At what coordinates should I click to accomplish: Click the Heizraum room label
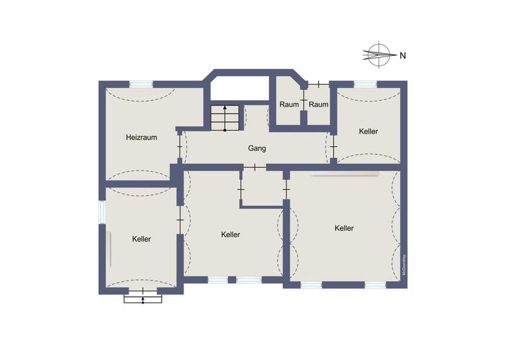(x=142, y=137)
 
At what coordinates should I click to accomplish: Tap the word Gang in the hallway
(x=257, y=149)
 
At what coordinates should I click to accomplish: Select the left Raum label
(x=289, y=105)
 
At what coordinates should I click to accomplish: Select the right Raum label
(x=318, y=105)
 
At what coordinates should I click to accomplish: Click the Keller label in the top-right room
(x=368, y=131)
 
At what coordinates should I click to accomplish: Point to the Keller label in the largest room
(x=344, y=228)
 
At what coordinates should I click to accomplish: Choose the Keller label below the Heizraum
(x=142, y=239)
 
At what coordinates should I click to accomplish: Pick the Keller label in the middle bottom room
(x=231, y=235)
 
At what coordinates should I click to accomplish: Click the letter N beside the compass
(x=403, y=56)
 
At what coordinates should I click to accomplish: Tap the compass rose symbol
(x=379, y=55)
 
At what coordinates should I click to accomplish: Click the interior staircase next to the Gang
(x=225, y=117)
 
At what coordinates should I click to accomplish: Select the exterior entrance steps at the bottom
(x=143, y=299)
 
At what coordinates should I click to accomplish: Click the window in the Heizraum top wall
(x=141, y=84)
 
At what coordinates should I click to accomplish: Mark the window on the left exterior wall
(x=102, y=212)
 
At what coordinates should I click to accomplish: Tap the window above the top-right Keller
(x=366, y=84)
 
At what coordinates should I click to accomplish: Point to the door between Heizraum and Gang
(x=180, y=147)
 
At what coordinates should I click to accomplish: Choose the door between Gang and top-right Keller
(x=333, y=147)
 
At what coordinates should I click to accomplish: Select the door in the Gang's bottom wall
(x=255, y=168)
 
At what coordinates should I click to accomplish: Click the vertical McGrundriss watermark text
(x=404, y=265)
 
